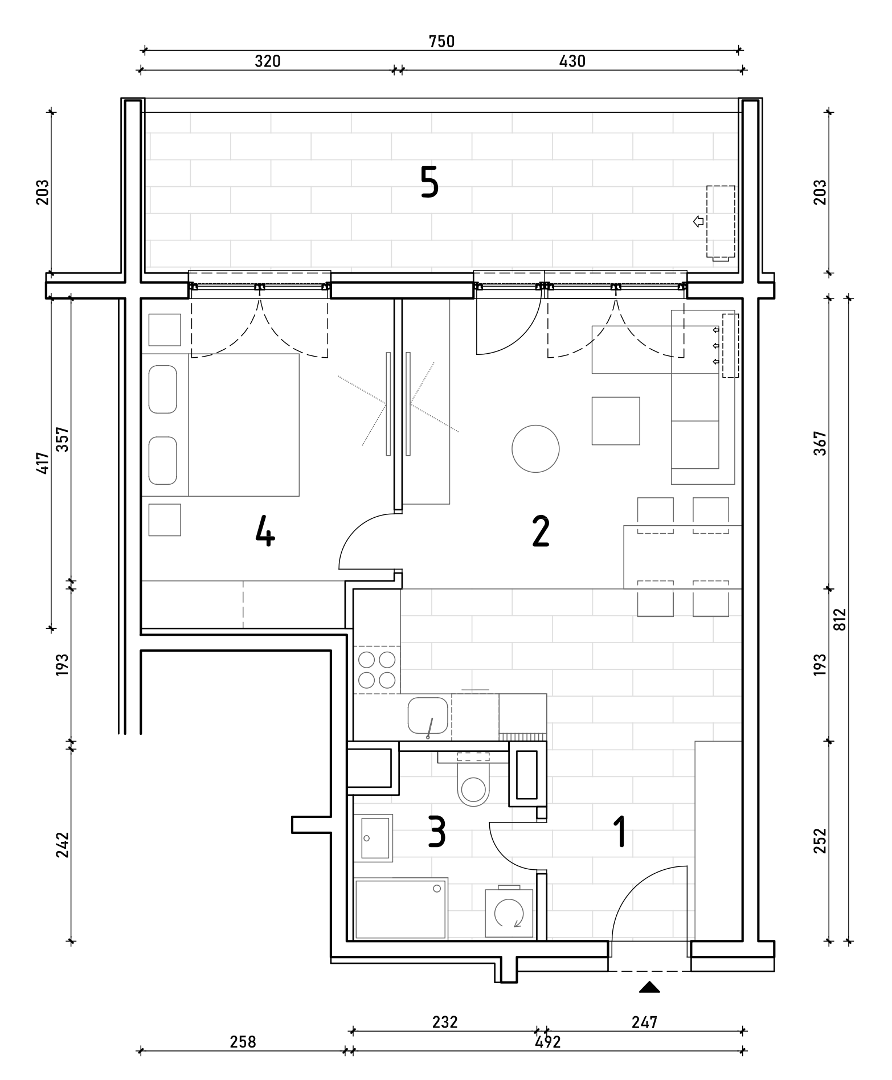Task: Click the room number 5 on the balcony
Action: (x=429, y=181)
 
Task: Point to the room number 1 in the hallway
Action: (x=620, y=831)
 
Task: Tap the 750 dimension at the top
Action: (x=442, y=42)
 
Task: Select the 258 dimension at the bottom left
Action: (x=243, y=1042)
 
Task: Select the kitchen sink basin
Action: (x=428, y=715)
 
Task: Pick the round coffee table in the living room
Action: (x=535, y=449)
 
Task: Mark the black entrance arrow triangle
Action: (x=649, y=987)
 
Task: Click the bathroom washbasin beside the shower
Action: (x=373, y=838)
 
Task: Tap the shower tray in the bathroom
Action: (x=401, y=908)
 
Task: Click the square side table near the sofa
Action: (x=616, y=421)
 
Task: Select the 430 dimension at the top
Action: (x=572, y=61)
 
